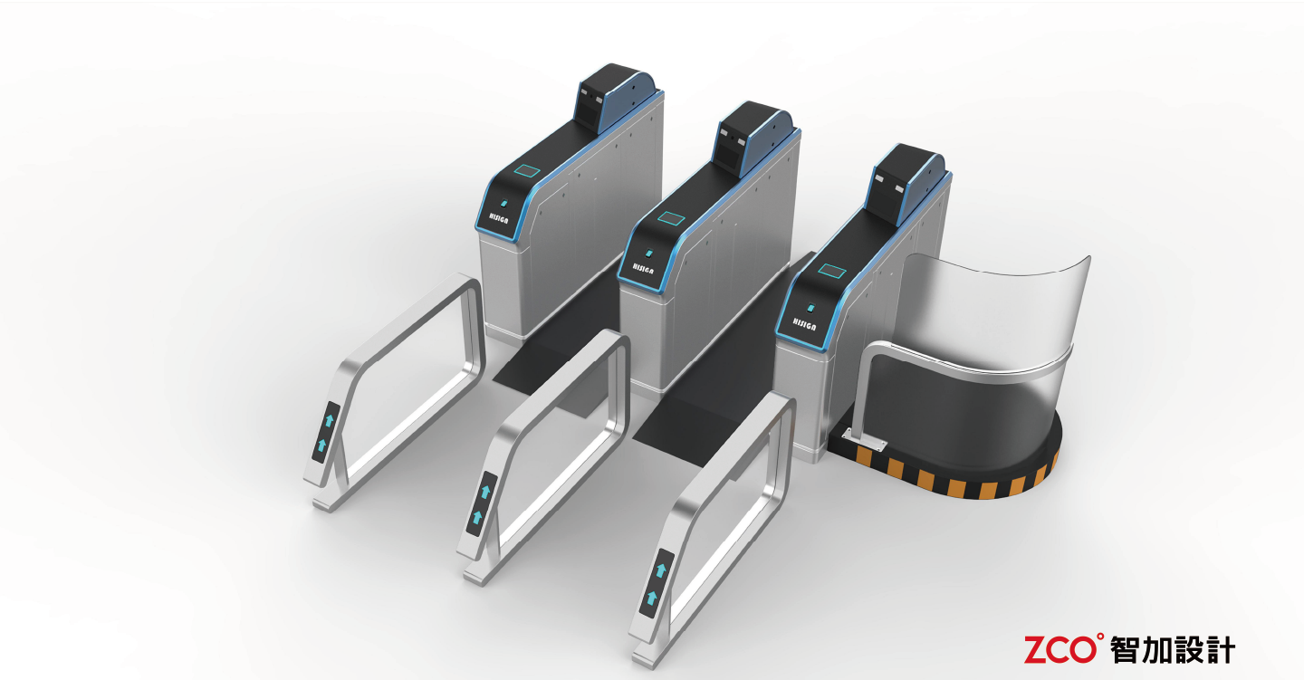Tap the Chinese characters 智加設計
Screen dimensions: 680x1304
tap(1173, 648)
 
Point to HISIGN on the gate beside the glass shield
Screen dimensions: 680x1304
tap(803, 321)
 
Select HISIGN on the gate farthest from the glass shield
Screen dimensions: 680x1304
tap(497, 219)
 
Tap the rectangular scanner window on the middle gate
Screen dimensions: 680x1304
tap(672, 218)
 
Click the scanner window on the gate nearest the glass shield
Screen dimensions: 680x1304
tap(831, 270)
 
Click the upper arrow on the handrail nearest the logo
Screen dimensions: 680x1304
tap(661, 570)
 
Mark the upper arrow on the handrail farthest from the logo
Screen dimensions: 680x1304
tap(331, 420)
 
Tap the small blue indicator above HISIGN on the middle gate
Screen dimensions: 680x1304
tap(648, 250)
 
